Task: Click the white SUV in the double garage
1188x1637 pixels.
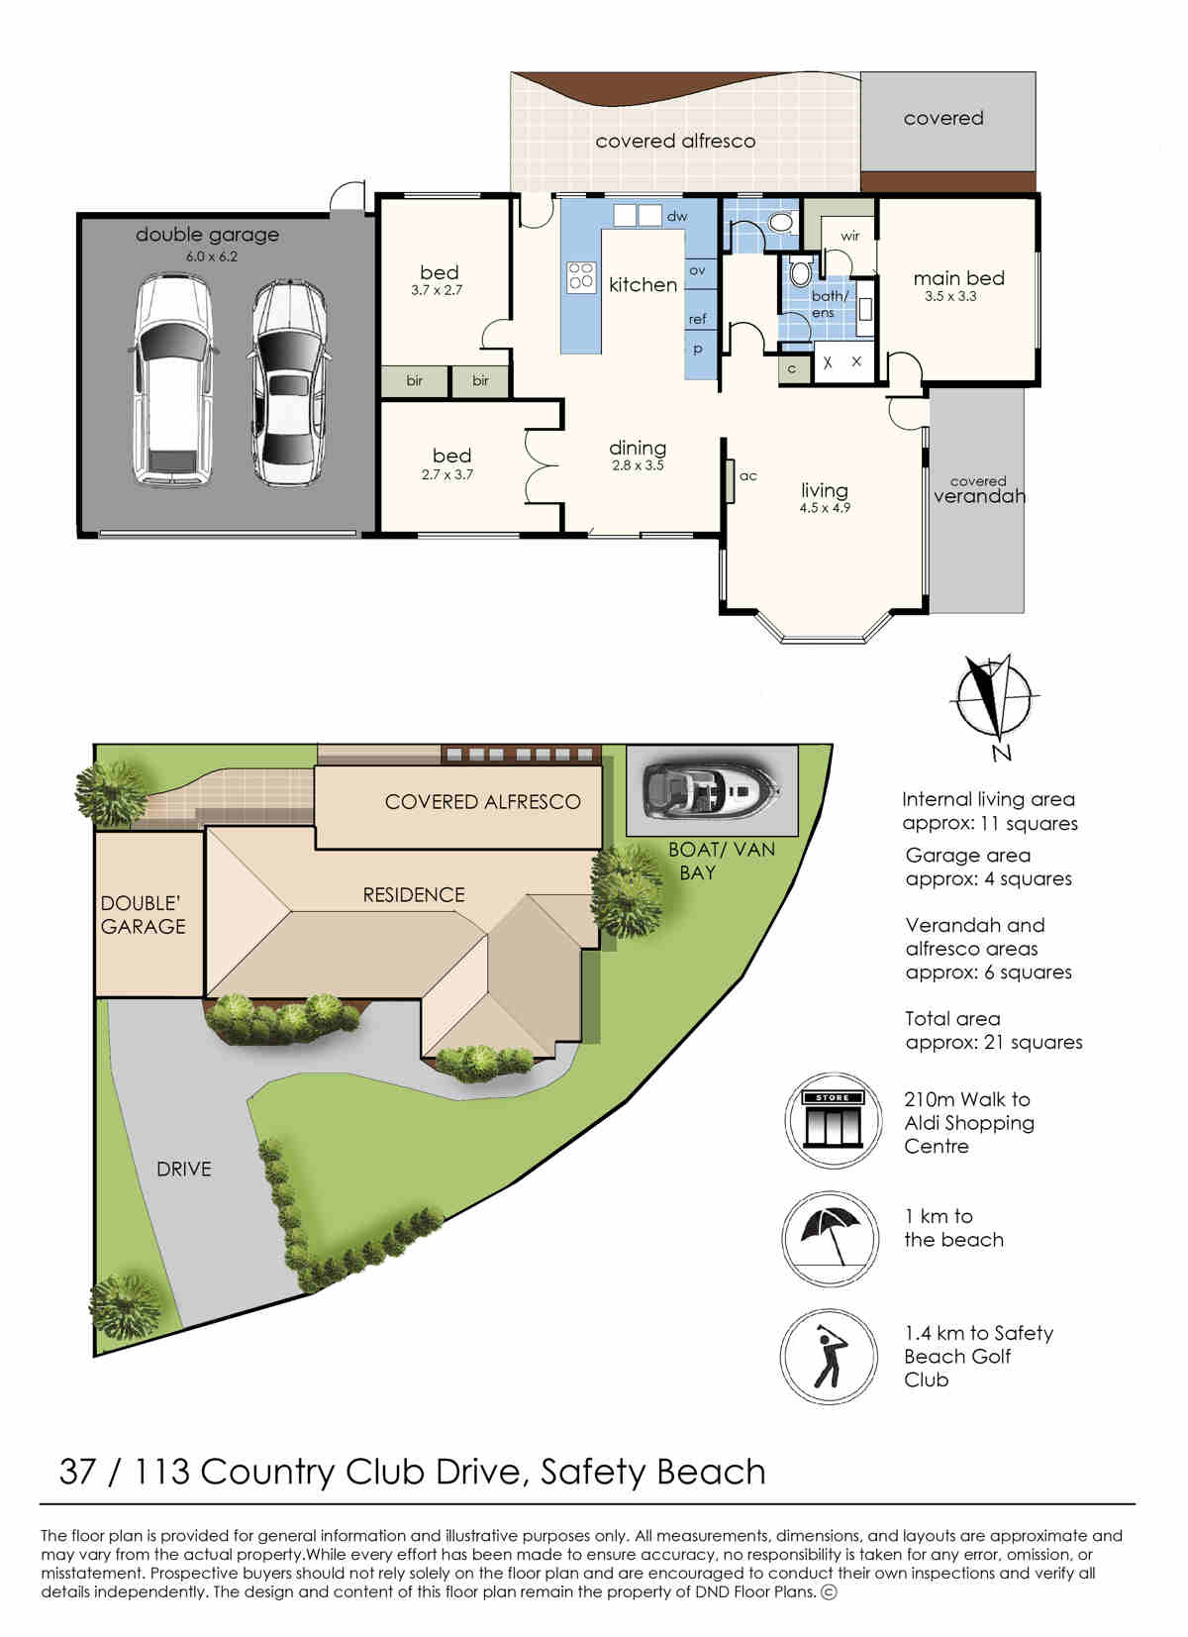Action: (x=173, y=380)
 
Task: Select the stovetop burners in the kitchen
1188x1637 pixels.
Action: (x=580, y=277)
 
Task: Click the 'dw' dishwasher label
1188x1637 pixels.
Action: (x=676, y=216)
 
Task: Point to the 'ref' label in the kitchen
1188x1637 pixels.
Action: (x=697, y=319)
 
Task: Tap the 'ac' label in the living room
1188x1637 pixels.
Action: (x=747, y=475)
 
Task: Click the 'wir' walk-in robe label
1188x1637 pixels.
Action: (x=849, y=236)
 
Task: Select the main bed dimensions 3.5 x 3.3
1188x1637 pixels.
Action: (x=949, y=296)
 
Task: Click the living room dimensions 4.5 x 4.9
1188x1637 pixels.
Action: (x=824, y=507)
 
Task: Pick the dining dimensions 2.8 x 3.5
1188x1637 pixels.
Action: (x=638, y=464)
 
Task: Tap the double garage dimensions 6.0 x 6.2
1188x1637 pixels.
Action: (x=211, y=256)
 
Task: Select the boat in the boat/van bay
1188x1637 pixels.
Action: (x=711, y=790)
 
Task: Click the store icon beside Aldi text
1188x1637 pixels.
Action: (x=833, y=1120)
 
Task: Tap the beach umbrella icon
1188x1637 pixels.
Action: (x=830, y=1238)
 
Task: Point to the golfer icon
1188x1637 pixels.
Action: (x=828, y=1356)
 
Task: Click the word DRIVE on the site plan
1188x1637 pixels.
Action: (x=184, y=1169)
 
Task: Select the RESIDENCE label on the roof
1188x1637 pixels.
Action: (x=414, y=894)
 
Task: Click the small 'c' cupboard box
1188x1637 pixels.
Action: (x=791, y=369)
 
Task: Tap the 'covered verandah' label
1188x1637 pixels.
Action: (x=979, y=489)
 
